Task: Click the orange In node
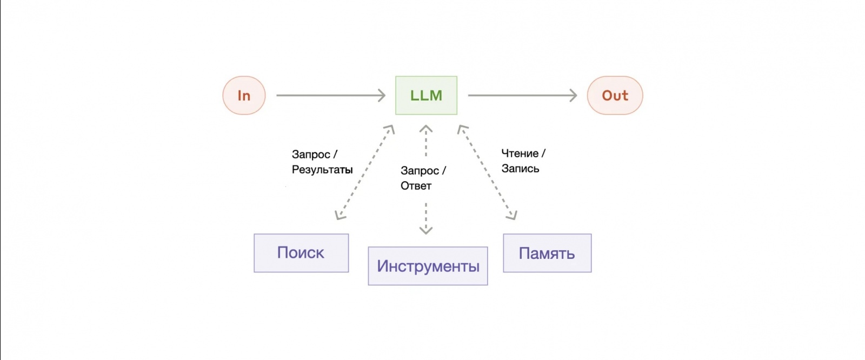[x=244, y=96]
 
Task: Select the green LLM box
[x=426, y=96]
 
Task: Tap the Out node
[x=615, y=96]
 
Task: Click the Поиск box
[x=301, y=253]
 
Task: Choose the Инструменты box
[x=428, y=266]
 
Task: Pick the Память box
[x=547, y=253]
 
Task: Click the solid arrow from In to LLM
[x=330, y=96]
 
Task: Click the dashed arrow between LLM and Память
[x=487, y=172]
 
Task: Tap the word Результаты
[x=322, y=170]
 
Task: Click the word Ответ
[x=416, y=186]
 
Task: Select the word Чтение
[x=520, y=154]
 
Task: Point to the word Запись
[x=520, y=169]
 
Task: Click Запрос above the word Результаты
[x=311, y=155]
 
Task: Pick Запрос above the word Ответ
[x=420, y=171]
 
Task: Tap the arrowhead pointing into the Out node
[x=573, y=96]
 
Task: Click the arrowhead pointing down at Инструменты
[x=426, y=230]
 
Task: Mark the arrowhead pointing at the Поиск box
[x=339, y=216]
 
